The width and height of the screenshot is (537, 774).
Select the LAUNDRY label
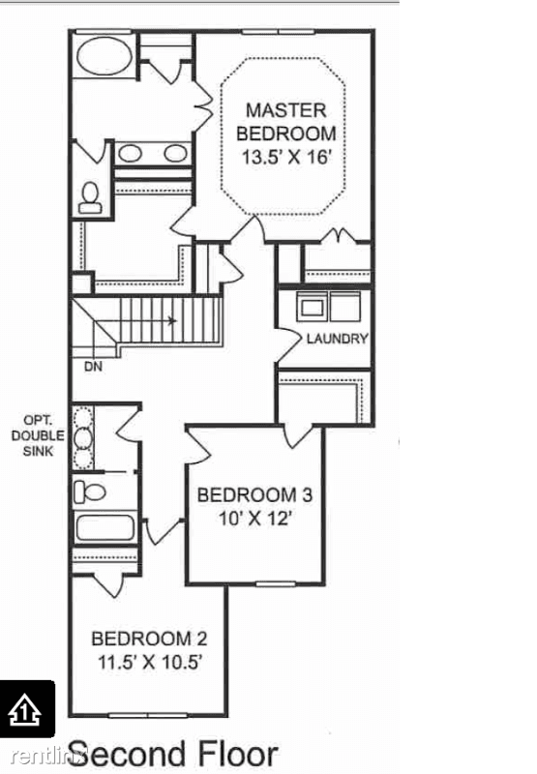[x=337, y=339]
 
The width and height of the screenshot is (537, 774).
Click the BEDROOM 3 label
[x=254, y=495]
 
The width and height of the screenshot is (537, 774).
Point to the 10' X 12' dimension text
[x=254, y=519]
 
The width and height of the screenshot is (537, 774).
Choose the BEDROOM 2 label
[x=149, y=639]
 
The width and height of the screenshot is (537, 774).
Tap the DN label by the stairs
[x=93, y=367]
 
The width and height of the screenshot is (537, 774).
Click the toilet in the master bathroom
[x=91, y=197]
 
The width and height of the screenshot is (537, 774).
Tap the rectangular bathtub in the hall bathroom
[x=104, y=528]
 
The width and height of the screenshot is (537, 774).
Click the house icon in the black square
[x=26, y=710]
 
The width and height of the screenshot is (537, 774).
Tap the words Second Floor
[x=174, y=753]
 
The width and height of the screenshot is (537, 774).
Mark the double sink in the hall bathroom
[x=83, y=436]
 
